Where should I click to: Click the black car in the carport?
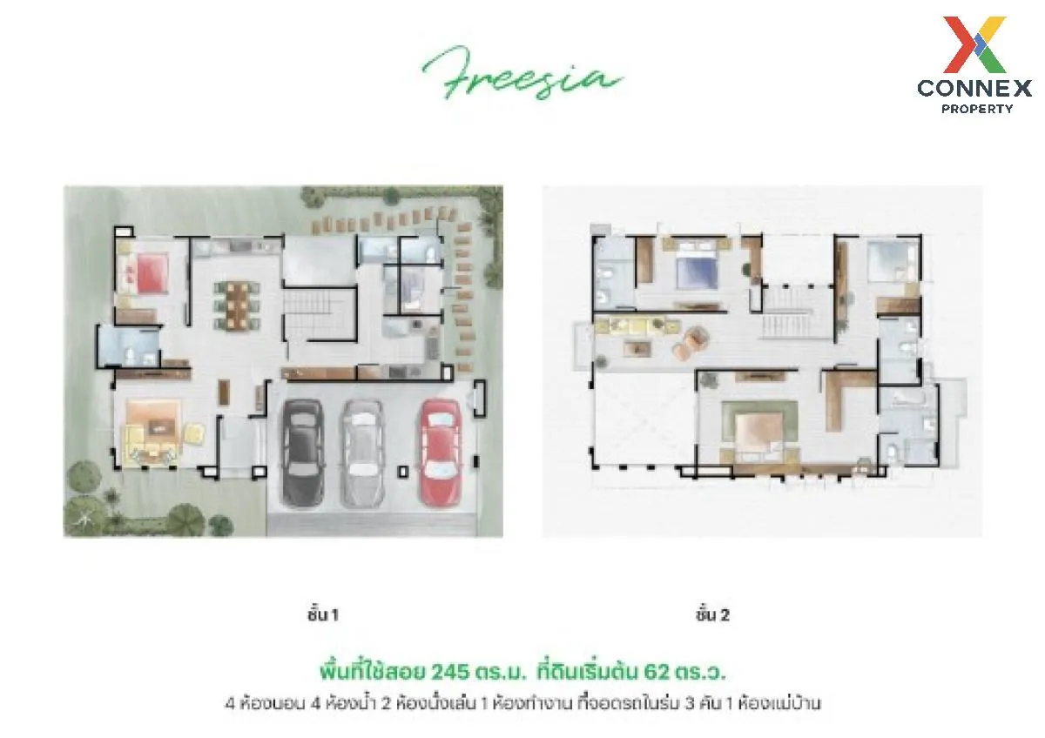[x=302, y=453]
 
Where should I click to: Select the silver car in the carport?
[x=363, y=453]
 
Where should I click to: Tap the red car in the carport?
[x=441, y=453]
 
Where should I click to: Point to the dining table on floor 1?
[x=238, y=305]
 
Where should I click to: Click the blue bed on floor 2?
[x=698, y=266]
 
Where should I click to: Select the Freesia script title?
[x=522, y=73]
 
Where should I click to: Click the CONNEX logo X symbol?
[x=974, y=44]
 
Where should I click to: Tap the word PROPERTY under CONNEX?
[x=977, y=109]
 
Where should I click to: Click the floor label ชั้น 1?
[x=322, y=615]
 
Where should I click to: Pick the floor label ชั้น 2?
[x=712, y=615]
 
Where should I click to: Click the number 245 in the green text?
[x=450, y=672]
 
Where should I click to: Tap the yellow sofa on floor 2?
[x=635, y=325]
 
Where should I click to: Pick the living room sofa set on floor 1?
[x=158, y=432]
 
